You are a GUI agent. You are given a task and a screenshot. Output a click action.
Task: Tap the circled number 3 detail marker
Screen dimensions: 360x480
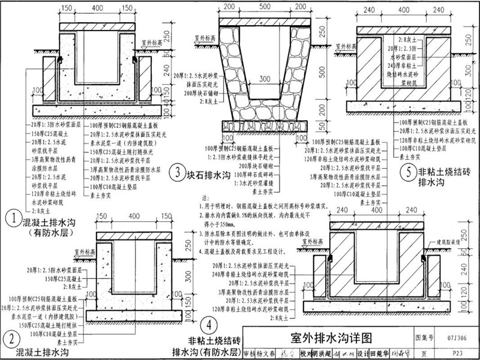tap(177, 174)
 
